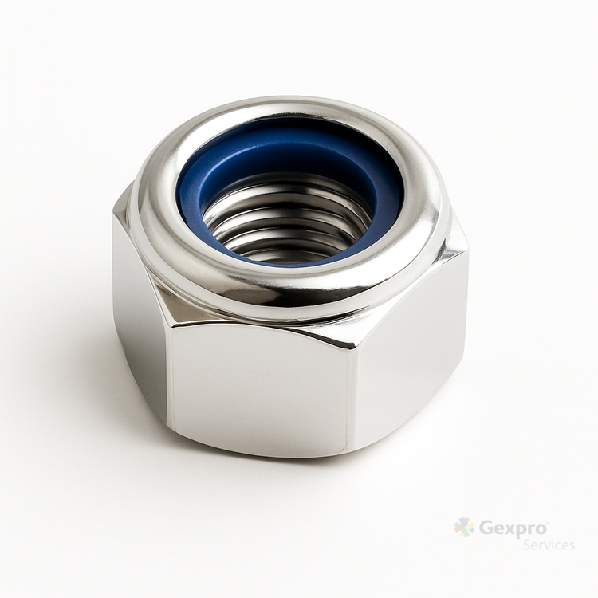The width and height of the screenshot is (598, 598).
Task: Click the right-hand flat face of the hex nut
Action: click(x=408, y=343)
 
